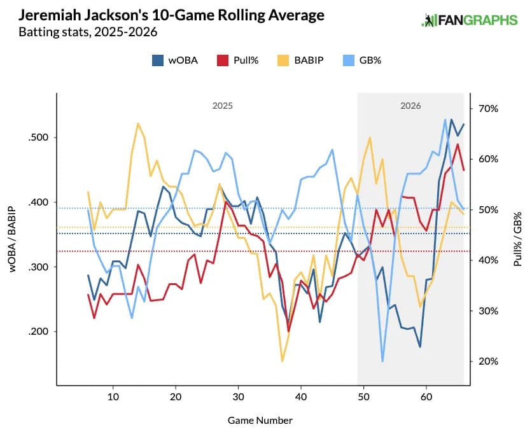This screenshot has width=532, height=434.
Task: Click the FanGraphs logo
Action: click(470, 20)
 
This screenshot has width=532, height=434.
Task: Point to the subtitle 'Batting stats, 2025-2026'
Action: click(88, 31)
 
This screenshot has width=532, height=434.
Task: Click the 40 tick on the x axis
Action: click(300, 397)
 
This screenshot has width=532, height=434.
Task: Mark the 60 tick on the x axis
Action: click(426, 397)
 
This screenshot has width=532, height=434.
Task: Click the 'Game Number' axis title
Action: click(260, 420)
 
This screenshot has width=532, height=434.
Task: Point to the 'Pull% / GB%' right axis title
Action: click(517, 239)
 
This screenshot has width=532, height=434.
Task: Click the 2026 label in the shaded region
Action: click(410, 106)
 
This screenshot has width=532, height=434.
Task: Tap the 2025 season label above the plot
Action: click(222, 106)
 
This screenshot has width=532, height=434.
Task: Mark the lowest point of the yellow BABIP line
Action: click(282, 361)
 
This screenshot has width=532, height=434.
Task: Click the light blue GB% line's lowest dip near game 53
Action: click(382, 361)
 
